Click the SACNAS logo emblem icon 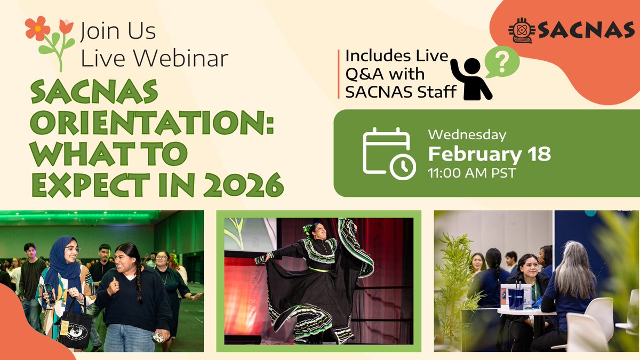click(520, 30)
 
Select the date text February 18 click(489, 154)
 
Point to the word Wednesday click(467, 135)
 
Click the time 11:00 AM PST click(471, 173)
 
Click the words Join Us click(118, 32)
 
